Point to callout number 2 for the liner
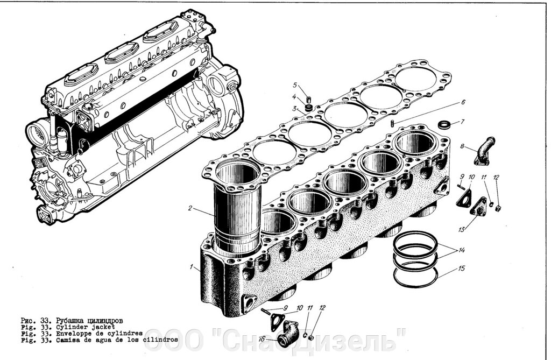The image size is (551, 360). point(190,207)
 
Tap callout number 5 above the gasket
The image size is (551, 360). point(295,85)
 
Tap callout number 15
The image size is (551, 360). point(462,267)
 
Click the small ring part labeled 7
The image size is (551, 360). point(444,125)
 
